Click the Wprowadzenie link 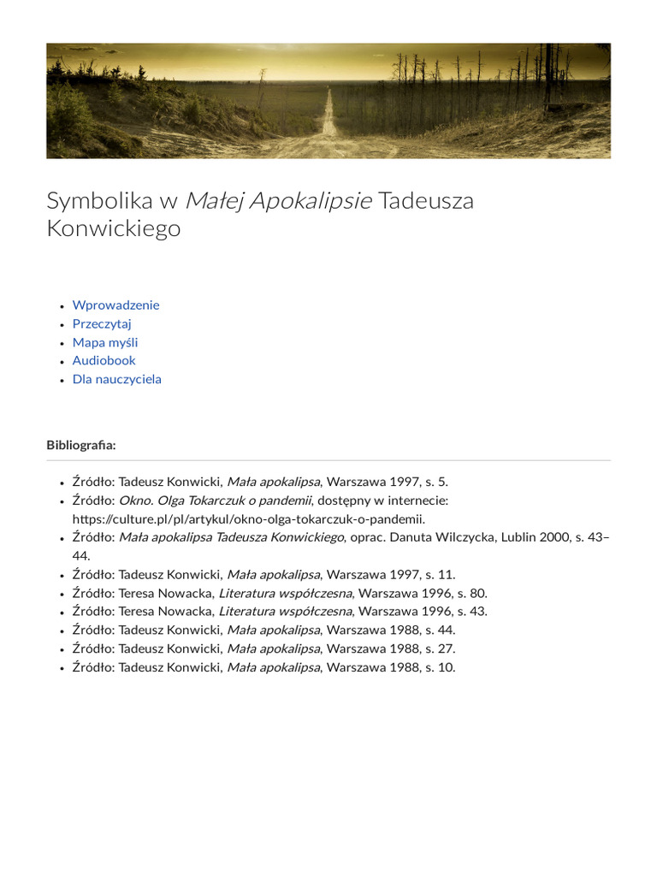click(115, 305)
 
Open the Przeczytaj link click(102, 324)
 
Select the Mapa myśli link click(105, 342)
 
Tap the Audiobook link click(104, 361)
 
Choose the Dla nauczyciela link click(116, 379)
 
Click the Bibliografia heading click(80, 445)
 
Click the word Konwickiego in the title click(113, 229)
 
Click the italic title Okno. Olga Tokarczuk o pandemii click(215, 500)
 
